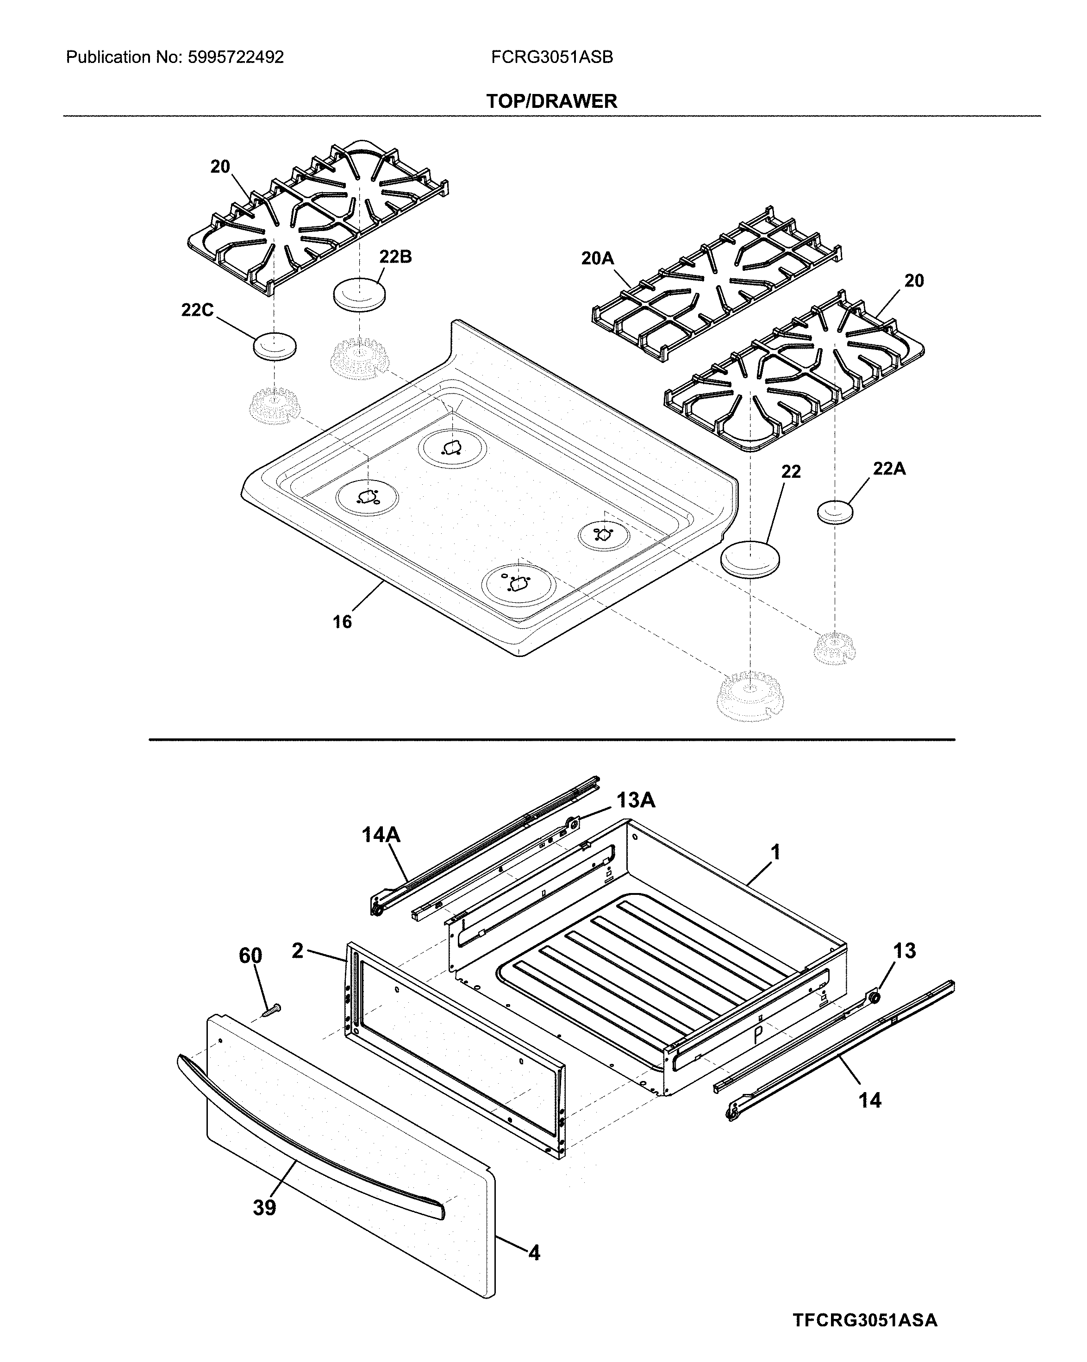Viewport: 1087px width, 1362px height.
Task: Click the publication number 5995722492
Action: click(236, 57)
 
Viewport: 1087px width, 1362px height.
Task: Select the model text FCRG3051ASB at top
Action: click(551, 57)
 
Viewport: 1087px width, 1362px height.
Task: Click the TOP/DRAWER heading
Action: click(551, 101)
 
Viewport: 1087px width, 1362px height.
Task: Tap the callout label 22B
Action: click(395, 257)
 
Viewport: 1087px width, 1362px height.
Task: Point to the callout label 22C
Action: click(197, 310)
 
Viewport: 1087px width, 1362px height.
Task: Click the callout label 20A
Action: click(598, 258)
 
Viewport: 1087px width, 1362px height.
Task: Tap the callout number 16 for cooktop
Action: click(342, 622)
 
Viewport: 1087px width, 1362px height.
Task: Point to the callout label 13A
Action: click(636, 800)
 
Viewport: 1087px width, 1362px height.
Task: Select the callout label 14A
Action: click(381, 835)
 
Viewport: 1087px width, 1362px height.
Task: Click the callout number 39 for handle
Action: click(265, 1208)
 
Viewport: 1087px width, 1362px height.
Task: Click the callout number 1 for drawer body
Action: click(775, 852)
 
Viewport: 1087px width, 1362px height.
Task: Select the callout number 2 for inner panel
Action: click(298, 951)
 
